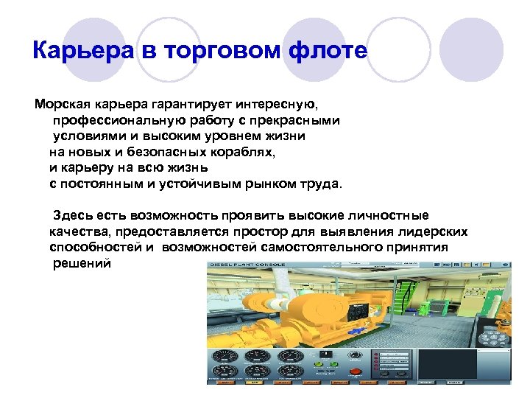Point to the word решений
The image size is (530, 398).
click(82, 264)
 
